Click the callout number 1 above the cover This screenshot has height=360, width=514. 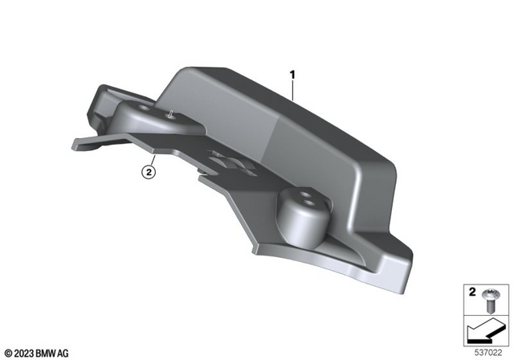pos(293,76)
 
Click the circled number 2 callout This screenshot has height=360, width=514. pos(147,170)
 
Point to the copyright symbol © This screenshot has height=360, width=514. pos(6,352)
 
